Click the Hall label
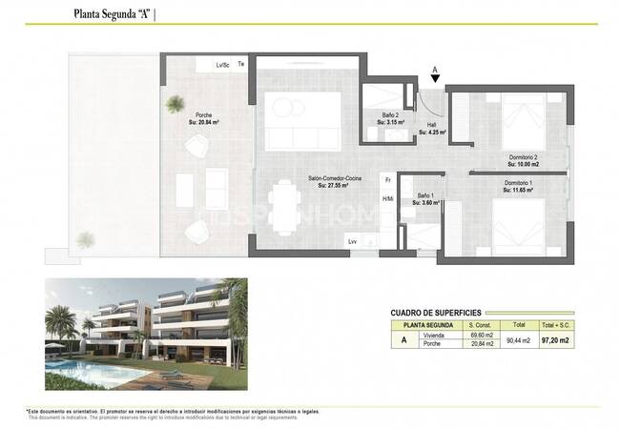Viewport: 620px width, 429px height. point(432,125)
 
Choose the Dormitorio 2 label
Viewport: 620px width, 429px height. point(522,157)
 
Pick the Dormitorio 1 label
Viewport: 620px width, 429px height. point(519,182)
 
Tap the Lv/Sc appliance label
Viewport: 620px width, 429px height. point(223,65)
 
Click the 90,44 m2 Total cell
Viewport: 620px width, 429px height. point(519,340)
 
